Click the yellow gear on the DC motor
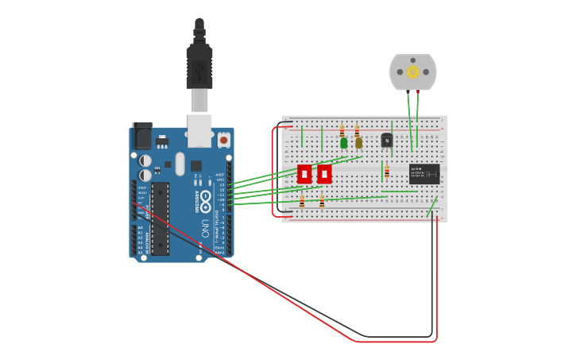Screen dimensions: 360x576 click(412, 72)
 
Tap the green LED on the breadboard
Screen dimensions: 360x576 click(343, 143)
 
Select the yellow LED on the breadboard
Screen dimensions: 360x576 click(358, 143)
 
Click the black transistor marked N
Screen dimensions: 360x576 click(387, 141)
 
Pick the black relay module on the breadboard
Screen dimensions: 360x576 click(424, 174)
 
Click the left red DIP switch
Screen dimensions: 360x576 click(304, 174)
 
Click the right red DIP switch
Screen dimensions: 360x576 click(324, 174)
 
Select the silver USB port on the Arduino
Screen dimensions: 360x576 click(199, 130)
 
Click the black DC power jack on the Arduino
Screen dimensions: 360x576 click(142, 136)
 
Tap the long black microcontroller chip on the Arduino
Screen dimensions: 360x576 click(160, 219)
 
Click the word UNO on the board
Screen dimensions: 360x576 click(205, 229)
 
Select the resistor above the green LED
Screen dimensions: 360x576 click(342, 131)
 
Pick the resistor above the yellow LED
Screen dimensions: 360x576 click(357, 131)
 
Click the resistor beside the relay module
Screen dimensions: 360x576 click(387, 171)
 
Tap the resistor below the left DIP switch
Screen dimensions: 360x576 click(302, 202)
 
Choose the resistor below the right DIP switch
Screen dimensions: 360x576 click(322, 202)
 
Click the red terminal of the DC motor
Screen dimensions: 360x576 click(418, 92)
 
